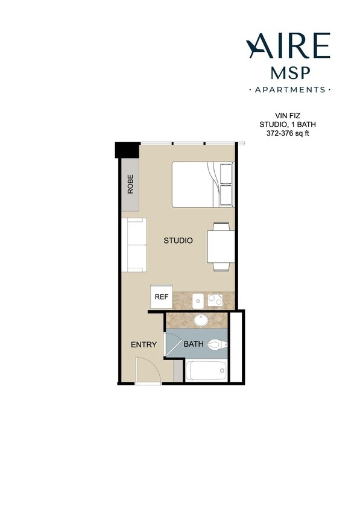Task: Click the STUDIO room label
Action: pyautogui.click(x=178, y=241)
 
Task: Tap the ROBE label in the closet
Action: pyautogui.click(x=130, y=184)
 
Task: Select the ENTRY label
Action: pyautogui.click(x=144, y=345)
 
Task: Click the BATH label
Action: pyautogui.click(x=194, y=345)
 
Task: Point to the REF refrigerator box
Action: pyautogui.click(x=161, y=297)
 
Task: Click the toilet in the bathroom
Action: pyautogui.click(x=216, y=345)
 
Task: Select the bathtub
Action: pyautogui.click(x=206, y=370)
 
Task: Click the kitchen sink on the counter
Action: pyautogui.click(x=197, y=299)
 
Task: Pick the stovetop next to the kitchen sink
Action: pyautogui.click(x=215, y=299)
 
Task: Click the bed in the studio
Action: pyautogui.click(x=203, y=184)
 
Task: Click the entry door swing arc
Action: pyautogui.click(x=148, y=370)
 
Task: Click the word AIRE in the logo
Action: pyautogui.click(x=288, y=46)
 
